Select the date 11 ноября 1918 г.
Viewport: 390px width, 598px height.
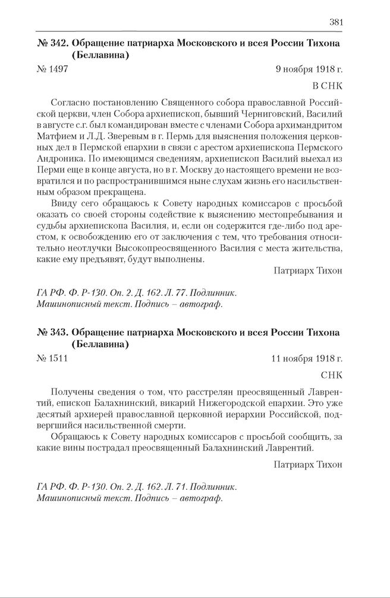(307, 358)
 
